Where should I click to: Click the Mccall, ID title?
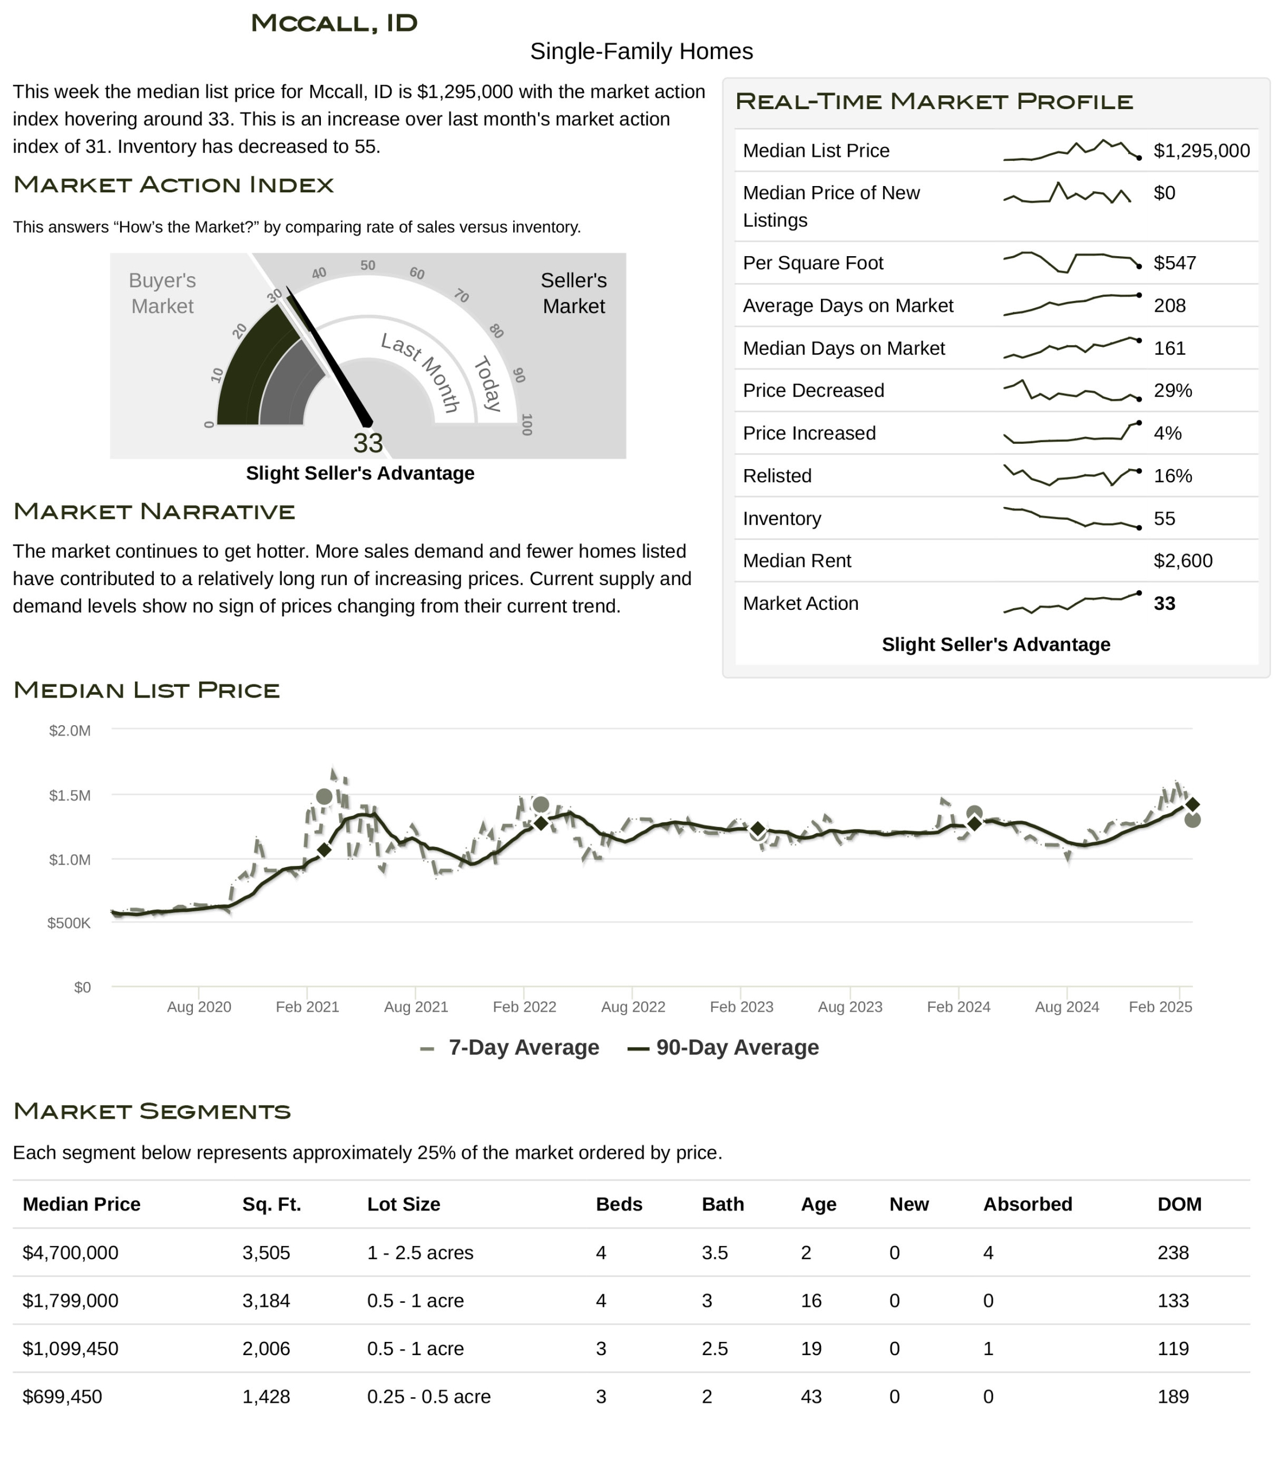[x=334, y=23]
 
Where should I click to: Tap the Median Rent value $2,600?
[x=1183, y=560]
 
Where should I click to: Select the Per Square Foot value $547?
[x=1175, y=262]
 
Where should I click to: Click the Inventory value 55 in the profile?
[x=1164, y=518]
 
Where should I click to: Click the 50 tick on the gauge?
[x=367, y=265]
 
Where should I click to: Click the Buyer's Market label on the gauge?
[x=162, y=293]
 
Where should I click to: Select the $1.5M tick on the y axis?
[x=69, y=795]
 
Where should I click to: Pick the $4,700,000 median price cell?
[x=70, y=1252]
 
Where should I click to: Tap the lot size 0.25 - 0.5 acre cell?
[x=428, y=1396]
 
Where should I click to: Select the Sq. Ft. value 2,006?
[x=266, y=1348]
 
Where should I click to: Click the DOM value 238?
[x=1172, y=1252]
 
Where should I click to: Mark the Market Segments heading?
[x=152, y=1111]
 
